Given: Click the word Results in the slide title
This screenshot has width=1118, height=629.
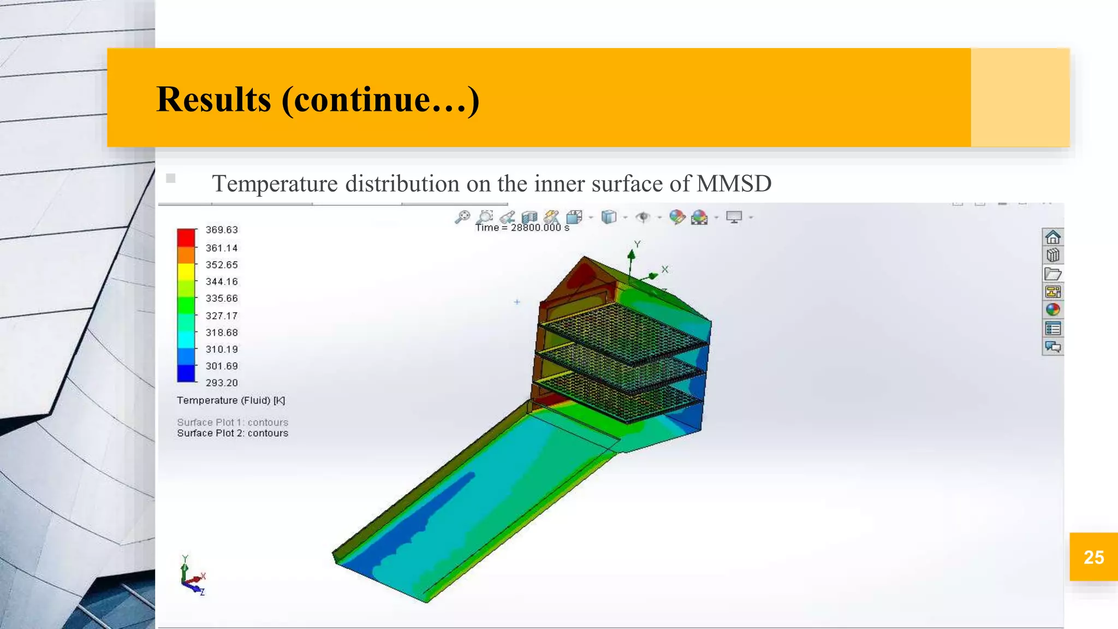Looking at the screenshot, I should (x=213, y=99).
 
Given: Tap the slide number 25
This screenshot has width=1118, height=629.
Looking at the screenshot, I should (x=1093, y=557).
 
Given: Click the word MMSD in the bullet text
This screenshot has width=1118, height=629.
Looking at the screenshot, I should (x=734, y=183).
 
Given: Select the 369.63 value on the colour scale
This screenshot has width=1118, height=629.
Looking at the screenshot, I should (x=222, y=230).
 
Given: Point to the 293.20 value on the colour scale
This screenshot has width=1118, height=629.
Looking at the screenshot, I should (x=222, y=383).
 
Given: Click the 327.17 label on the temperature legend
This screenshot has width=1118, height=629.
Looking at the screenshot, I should (x=222, y=316).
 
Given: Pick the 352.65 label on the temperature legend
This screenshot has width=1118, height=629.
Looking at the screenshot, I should (x=222, y=265).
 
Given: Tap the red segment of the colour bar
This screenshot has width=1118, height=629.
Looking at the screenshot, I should (x=186, y=238).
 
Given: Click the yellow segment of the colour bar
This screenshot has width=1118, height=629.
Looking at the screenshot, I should (x=186, y=271).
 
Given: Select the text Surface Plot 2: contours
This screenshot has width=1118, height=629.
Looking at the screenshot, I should (x=233, y=433).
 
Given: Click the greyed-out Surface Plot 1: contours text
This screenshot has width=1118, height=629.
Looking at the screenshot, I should (x=233, y=422).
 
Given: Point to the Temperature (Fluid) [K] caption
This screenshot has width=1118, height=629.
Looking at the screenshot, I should (x=231, y=400).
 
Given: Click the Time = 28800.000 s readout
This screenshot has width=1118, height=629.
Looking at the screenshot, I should (x=522, y=228).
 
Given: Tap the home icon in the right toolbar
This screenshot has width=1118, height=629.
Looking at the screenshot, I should (x=1052, y=237).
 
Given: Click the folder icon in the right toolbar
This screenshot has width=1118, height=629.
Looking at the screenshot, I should (x=1052, y=274).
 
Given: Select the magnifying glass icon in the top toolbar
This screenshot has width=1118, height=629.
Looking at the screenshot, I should (x=462, y=217).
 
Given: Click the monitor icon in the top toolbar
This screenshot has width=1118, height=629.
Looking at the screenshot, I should (x=734, y=217).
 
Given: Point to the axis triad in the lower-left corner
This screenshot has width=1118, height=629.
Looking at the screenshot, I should (x=192, y=578).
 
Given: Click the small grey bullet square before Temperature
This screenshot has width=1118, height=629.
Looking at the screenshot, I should (x=171, y=178).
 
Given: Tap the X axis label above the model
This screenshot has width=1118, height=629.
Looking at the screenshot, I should (x=665, y=269).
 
